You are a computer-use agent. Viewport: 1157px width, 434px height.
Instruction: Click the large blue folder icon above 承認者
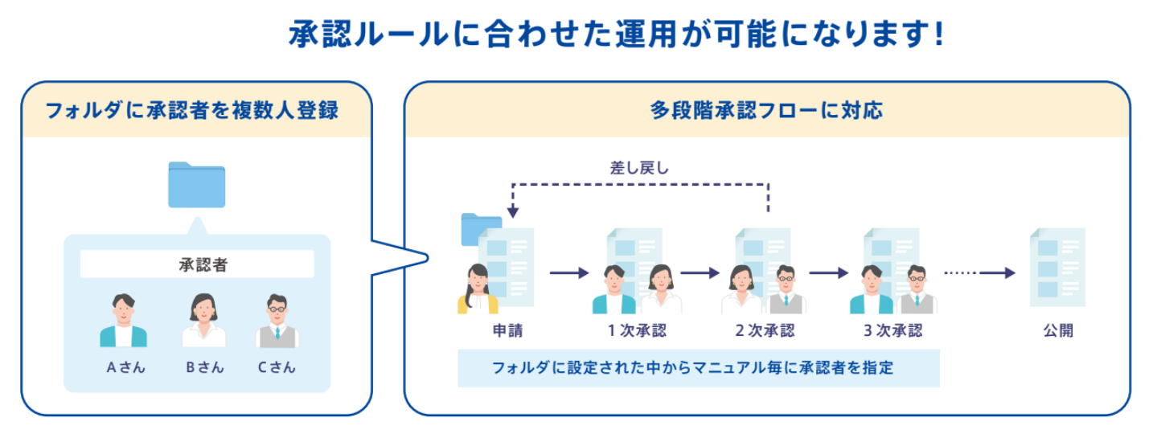point(196,185)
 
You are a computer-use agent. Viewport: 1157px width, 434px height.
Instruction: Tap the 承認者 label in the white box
point(197,264)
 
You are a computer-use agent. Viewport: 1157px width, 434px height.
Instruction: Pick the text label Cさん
point(277,368)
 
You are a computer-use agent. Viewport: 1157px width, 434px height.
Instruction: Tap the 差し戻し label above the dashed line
point(640,168)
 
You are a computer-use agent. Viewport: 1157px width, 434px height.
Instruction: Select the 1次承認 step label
point(637,330)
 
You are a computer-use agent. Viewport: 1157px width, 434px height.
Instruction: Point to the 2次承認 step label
point(765,330)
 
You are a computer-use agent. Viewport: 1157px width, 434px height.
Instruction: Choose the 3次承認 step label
point(893,330)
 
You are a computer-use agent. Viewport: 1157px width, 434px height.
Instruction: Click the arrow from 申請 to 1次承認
point(569,273)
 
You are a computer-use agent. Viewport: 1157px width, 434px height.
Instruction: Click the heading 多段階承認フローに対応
point(766,110)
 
